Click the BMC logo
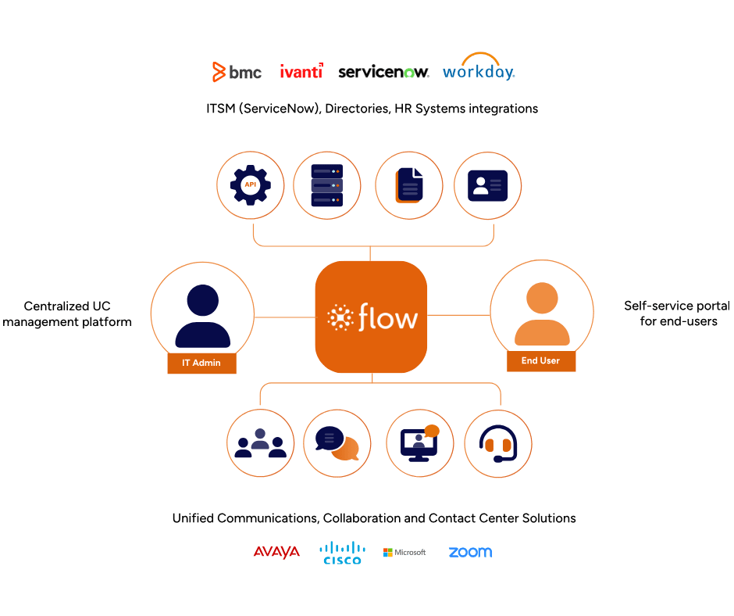tap(237, 72)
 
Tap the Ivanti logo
tap(301, 72)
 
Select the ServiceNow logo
tap(383, 72)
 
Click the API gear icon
tap(251, 185)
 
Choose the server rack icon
tap(326, 185)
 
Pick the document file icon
tap(409, 185)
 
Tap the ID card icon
tap(487, 185)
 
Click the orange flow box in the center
tap(372, 317)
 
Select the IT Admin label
tap(201, 363)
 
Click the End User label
tap(540, 360)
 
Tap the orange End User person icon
tap(542, 312)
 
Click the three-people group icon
tap(260, 443)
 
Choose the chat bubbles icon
tap(337, 443)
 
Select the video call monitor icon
tap(420, 443)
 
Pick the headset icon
tap(498, 443)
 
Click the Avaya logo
tap(276, 553)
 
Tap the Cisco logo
tap(342, 553)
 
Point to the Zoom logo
tap(470, 553)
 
